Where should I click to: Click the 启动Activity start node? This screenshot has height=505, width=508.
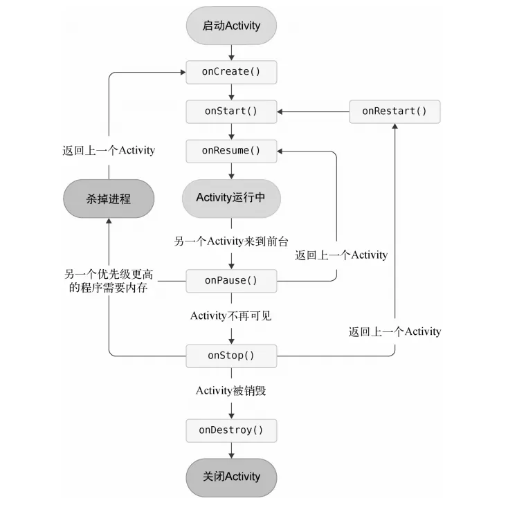231,26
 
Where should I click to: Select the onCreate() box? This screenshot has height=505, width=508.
231,72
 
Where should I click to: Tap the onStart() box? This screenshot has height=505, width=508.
231,111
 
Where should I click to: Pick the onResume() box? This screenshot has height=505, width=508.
231,150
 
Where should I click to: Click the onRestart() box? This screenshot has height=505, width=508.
394,111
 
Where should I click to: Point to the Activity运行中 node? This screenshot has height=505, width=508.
231,197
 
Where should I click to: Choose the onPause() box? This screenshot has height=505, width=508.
231,280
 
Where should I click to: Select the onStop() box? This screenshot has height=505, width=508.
231,356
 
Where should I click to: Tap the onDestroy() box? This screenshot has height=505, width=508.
231,430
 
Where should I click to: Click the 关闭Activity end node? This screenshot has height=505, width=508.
231,477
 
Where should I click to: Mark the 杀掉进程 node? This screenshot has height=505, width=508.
108,199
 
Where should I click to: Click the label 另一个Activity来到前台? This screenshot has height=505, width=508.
231,241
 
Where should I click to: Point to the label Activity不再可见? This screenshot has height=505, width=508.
231,315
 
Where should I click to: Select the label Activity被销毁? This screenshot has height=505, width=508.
231,391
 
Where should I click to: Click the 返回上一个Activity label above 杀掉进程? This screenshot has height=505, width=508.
108,149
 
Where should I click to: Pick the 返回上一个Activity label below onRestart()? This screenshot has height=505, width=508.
394,331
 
